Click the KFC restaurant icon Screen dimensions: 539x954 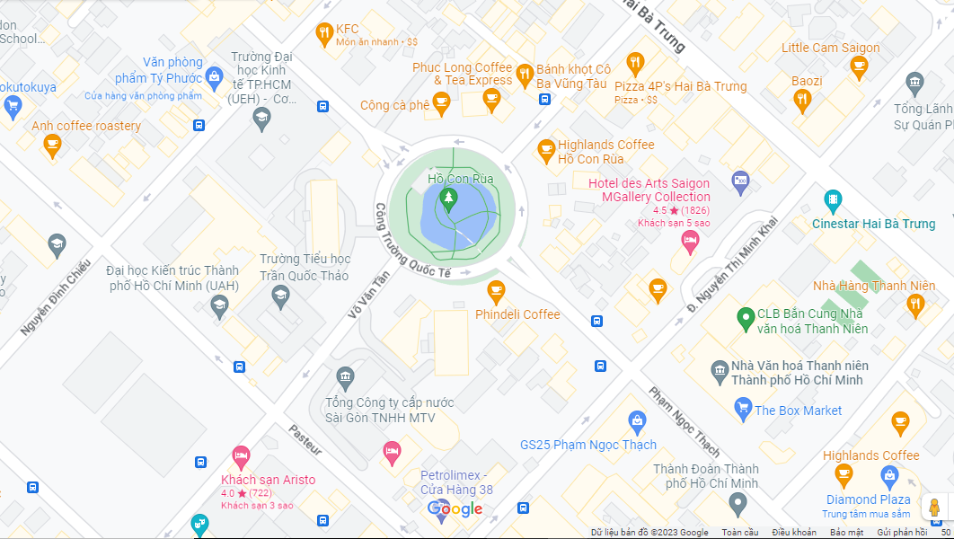324,34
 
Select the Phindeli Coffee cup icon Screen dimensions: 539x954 495,290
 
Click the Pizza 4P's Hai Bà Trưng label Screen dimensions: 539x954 680,86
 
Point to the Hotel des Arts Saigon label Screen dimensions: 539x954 649,190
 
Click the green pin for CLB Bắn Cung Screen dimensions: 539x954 745,317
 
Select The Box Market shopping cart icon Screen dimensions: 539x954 743,410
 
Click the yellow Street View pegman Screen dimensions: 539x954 934,508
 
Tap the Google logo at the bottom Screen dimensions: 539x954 455,510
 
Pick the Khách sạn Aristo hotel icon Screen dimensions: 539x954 241,455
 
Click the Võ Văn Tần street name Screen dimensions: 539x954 368,296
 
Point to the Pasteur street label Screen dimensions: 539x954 305,440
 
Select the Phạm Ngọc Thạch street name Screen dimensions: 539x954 684,421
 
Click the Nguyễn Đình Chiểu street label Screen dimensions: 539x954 55,297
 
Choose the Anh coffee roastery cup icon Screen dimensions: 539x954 52,145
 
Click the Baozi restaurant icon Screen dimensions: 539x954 803,100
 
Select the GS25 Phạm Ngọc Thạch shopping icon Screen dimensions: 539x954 637,420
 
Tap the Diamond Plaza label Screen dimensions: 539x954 868,499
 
